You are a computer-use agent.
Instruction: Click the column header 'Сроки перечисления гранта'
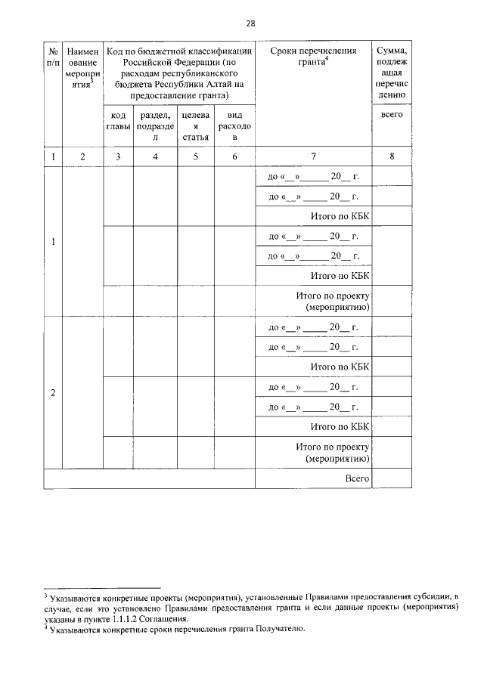(x=312, y=56)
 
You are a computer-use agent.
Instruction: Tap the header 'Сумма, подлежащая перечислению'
(x=391, y=73)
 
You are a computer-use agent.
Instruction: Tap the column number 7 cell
(x=312, y=156)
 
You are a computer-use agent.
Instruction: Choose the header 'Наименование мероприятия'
(x=82, y=67)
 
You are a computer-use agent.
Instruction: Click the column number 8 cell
(x=391, y=156)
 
